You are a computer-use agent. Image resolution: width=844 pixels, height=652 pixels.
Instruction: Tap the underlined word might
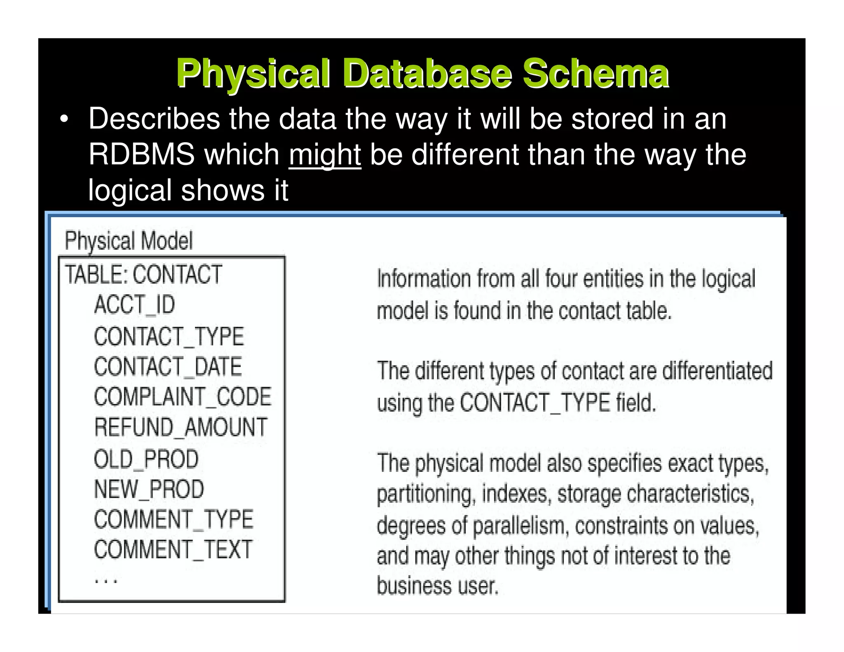[325, 155]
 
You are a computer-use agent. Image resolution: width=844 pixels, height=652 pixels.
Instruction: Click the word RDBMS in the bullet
[141, 155]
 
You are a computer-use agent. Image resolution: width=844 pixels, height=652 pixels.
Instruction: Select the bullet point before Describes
[64, 120]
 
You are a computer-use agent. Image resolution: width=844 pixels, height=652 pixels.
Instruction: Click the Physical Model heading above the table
[129, 241]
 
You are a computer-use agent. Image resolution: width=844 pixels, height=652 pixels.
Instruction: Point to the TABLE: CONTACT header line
[143, 274]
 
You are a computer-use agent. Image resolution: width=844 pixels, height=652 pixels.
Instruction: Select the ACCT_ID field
[134, 305]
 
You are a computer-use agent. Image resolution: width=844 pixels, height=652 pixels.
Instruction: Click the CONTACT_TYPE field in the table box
[169, 336]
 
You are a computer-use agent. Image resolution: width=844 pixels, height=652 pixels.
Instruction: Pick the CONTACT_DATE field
[168, 367]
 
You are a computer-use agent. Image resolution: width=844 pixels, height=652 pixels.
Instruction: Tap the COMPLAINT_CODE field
[183, 397]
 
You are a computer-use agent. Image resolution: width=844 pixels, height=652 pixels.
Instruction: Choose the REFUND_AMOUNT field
[181, 427]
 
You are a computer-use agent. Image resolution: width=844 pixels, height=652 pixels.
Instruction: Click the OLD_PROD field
[146, 459]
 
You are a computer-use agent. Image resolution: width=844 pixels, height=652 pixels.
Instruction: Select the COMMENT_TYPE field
[173, 519]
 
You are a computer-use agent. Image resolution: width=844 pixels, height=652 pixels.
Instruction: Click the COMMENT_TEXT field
[173, 550]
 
